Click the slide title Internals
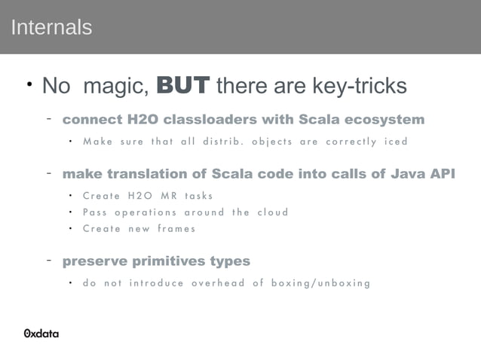point(51,28)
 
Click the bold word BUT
point(182,86)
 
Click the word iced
point(395,142)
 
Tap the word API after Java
point(442,175)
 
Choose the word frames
point(176,229)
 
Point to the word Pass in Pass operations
point(95,212)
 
